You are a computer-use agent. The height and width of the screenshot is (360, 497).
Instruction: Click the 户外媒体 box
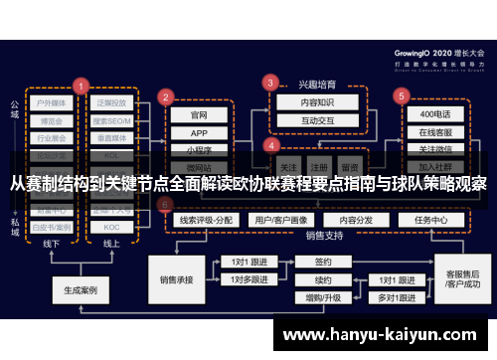tap(51, 102)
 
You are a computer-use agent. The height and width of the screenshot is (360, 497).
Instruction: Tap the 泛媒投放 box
tap(112, 102)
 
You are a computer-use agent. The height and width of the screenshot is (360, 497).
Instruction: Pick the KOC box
tap(112, 227)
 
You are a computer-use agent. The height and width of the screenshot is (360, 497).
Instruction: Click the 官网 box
tap(199, 115)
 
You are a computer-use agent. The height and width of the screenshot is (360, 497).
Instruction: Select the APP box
tap(199, 133)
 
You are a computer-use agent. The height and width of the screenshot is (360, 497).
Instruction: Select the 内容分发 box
tap(355, 220)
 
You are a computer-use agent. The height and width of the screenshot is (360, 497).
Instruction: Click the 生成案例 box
tap(80, 291)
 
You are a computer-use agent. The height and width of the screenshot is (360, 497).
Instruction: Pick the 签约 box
tap(323, 263)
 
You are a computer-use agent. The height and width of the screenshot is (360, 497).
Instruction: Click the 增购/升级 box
tap(323, 297)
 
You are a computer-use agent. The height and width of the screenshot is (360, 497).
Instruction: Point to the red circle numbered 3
tap(270, 83)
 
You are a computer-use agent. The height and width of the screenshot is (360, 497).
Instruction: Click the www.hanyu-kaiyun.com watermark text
tap(383, 335)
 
